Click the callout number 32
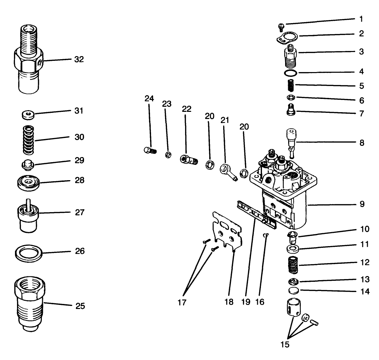(79, 59)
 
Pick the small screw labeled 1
(281, 26)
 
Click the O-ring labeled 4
(290, 73)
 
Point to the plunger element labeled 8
(292, 142)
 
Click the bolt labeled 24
(148, 150)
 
